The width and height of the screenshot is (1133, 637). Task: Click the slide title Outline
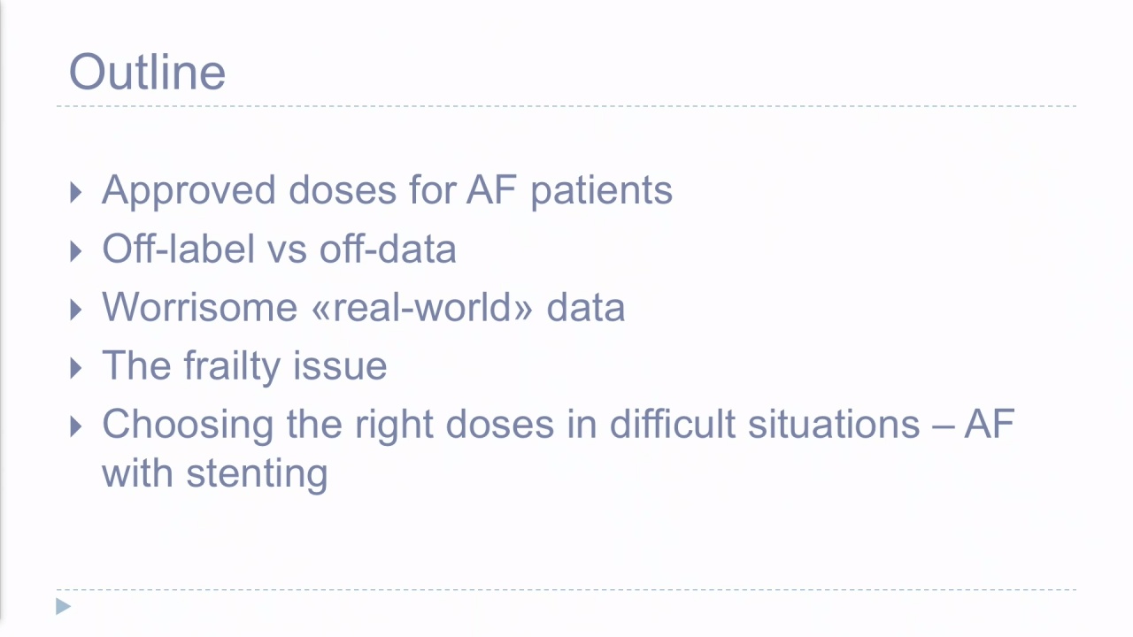147,72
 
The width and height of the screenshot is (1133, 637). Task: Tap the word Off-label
179,249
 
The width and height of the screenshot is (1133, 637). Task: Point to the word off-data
388,249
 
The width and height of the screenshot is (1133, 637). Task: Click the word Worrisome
200,307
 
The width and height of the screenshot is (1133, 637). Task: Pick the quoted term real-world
422,307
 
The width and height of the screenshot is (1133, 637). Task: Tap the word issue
340,365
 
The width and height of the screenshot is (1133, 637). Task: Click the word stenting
257,475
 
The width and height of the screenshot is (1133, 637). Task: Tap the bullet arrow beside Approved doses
76,193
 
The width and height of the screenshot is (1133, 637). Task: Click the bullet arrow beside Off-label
76,251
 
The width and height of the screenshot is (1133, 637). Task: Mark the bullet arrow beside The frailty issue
76,368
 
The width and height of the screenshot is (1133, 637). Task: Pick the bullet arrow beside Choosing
76,426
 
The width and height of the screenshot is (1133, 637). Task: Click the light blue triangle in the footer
63,606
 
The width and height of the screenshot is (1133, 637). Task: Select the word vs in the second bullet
288,252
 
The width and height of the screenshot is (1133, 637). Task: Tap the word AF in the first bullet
491,190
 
